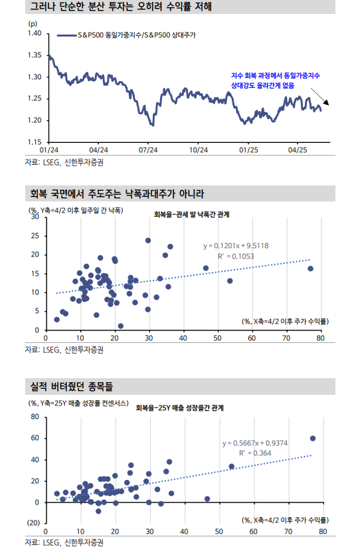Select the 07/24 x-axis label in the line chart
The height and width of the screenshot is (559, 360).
pyautogui.click(x=147, y=150)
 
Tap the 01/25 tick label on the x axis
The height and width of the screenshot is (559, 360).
pyautogui.click(x=248, y=150)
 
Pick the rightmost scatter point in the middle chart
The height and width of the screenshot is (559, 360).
pyautogui.click(x=310, y=269)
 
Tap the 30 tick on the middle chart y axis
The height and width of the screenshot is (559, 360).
pyautogui.click(x=35, y=217)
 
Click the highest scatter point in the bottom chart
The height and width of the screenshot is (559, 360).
pyautogui.click(x=313, y=438)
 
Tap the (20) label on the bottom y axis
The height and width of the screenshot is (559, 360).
pyautogui.click(x=33, y=523)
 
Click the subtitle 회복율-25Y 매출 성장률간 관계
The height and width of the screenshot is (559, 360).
pyautogui.click(x=179, y=408)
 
